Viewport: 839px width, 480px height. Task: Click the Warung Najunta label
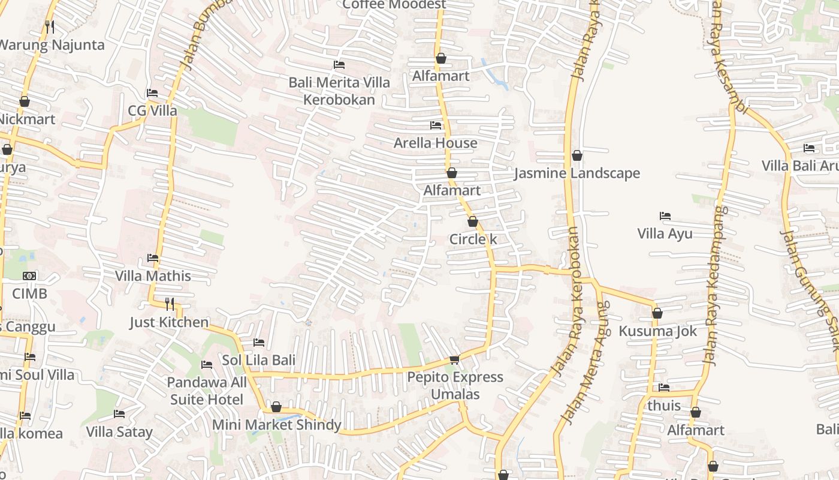coord(52,45)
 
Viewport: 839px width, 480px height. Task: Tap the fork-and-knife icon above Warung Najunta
coord(50,26)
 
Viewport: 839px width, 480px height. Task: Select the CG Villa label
coord(153,111)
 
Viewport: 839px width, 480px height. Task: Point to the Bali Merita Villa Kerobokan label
coord(339,91)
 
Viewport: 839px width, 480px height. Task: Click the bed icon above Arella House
coord(436,125)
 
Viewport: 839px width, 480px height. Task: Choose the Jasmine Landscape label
coord(577,173)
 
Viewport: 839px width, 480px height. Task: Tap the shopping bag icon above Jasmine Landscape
coord(577,156)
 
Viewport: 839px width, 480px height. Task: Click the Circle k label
coord(473,239)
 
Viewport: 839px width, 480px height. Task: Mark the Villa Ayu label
coord(665,233)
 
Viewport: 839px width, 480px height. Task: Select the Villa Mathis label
coord(153,276)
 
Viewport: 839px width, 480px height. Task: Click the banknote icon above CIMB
coord(29,276)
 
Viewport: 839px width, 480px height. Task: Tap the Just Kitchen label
coord(169,322)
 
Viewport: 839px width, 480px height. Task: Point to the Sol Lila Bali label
coord(259,361)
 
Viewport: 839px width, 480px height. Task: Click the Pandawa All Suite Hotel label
coord(207,391)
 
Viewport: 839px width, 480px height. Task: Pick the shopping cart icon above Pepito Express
coord(454,359)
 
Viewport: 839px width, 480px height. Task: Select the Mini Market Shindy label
coord(277,425)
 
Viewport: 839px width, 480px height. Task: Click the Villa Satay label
coord(119,431)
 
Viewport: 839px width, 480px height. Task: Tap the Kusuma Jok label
coord(657,331)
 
